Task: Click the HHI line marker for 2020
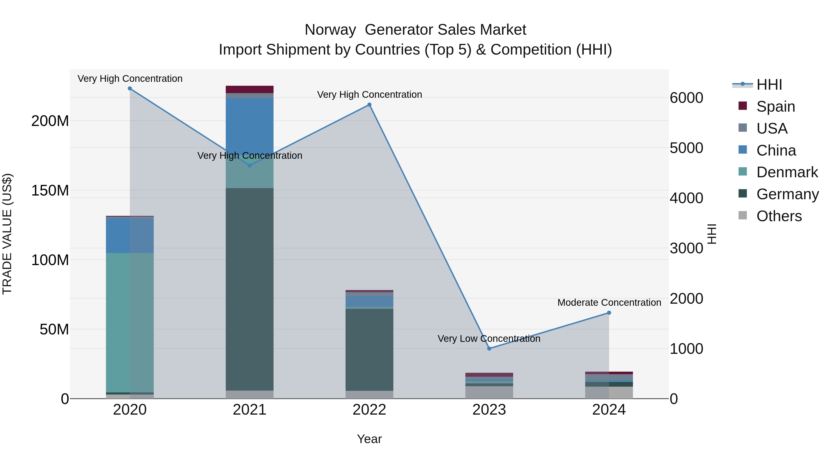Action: pyautogui.click(x=130, y=89)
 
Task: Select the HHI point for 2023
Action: pyautogui.click(x=489, y=349)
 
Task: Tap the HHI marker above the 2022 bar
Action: pyautogui.click(x=369, y=105)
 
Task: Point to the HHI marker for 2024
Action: pyautogui.click(x=609, y=313)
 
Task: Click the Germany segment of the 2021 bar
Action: pyautogui.click(x=249, y=289)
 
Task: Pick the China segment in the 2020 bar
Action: pyautogui.click(x=130, y=236)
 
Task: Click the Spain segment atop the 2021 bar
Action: pyautogui.click(x=249, y=89)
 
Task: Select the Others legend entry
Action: pyautogui.click(x=779, y=216)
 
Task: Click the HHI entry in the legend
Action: pyautogui.click(x=769, y=85)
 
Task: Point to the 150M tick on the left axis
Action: pyautogui.click(x=50, y=191)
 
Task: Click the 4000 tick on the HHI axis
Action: pyautogui.click(x=686, y=198)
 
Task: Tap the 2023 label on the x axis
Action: pyautogui.click(x=489, y=410)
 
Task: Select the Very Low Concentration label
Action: pyautogui.click(x=489, y=339)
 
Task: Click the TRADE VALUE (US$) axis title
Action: pyautogui.click(x=7, y=234)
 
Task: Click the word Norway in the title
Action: pyautogui.click(x=330, y=30)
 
